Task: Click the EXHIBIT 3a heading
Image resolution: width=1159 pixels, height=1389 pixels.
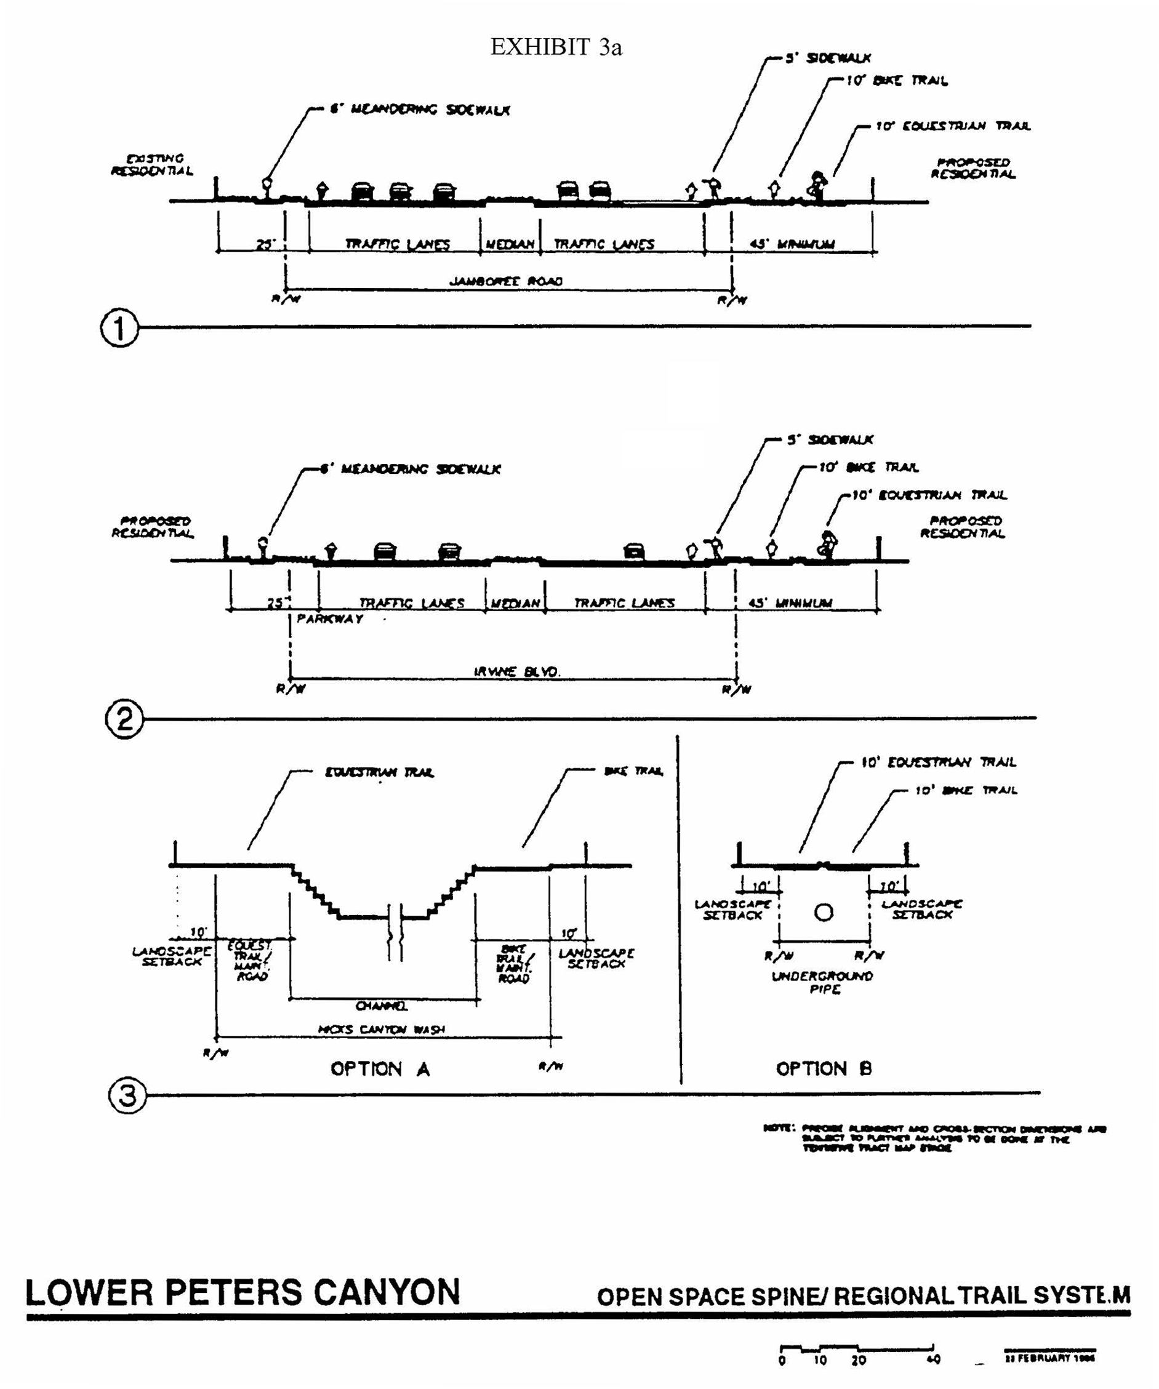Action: tap(556, 47)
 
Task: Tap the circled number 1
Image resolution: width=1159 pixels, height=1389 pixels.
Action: tap(120, 328)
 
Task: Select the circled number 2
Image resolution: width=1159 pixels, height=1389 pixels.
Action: tap(124, 719)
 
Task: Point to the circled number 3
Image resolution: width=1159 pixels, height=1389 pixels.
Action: tap(126, 1095)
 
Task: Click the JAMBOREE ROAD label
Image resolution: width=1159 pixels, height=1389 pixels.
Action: tap(506, 281)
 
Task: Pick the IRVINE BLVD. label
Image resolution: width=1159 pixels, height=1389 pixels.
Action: tap(516, 671)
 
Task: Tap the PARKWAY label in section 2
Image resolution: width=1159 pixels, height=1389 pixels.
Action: tap(330, 619)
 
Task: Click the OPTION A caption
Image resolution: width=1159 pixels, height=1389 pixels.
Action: tap(380, 1069)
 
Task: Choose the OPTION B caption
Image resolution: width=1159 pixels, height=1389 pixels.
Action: tap(824, 1068)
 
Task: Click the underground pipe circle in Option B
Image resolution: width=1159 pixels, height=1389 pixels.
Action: tap(824, 912)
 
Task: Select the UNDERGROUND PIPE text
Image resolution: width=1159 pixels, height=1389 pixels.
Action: tap(823, 982)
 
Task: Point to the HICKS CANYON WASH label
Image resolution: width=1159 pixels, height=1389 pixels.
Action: tap(382, 1029)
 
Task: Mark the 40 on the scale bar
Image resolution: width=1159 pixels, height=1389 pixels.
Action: tap(932, 1361)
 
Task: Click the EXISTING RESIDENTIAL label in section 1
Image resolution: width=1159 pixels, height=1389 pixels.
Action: tap(152, 165)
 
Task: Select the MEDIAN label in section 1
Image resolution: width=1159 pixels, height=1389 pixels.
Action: tap(510, 245)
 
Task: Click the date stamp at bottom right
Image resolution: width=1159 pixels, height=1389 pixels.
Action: tap(1049, 1358)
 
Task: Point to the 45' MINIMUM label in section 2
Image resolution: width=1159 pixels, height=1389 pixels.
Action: tap(790, 603)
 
